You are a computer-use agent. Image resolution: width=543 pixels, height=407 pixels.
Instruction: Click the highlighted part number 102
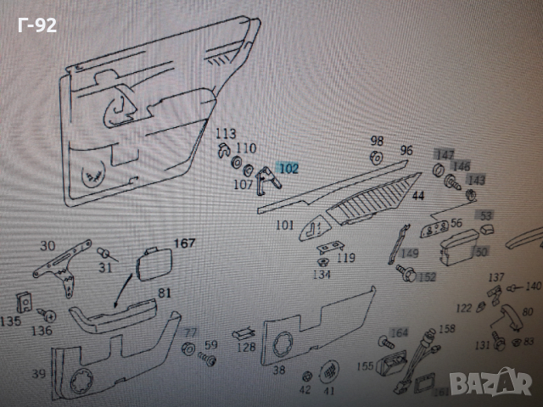(288, 170)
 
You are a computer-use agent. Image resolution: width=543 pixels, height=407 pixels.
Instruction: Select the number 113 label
(225, 134)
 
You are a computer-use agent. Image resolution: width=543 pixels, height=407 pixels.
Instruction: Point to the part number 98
(377, 141)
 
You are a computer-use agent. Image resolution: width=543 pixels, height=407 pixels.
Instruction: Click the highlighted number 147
(444, 154)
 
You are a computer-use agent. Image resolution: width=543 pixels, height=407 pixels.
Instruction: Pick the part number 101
(284, 226)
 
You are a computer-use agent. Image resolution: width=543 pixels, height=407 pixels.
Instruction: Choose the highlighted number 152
(427, 276)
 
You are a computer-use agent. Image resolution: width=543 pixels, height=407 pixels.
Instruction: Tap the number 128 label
(246, 347)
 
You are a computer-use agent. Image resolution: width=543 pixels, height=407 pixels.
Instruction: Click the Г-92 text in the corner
(36, 25)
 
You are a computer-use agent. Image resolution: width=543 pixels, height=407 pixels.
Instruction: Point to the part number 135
(10, 321)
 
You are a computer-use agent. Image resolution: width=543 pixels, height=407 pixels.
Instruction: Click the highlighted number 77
(190, 332)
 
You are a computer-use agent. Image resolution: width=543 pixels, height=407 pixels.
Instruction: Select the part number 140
(533, 286)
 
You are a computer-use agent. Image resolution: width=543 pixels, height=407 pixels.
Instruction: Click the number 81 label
(164, 293)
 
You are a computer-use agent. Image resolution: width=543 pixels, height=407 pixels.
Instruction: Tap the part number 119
(345, 259)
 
